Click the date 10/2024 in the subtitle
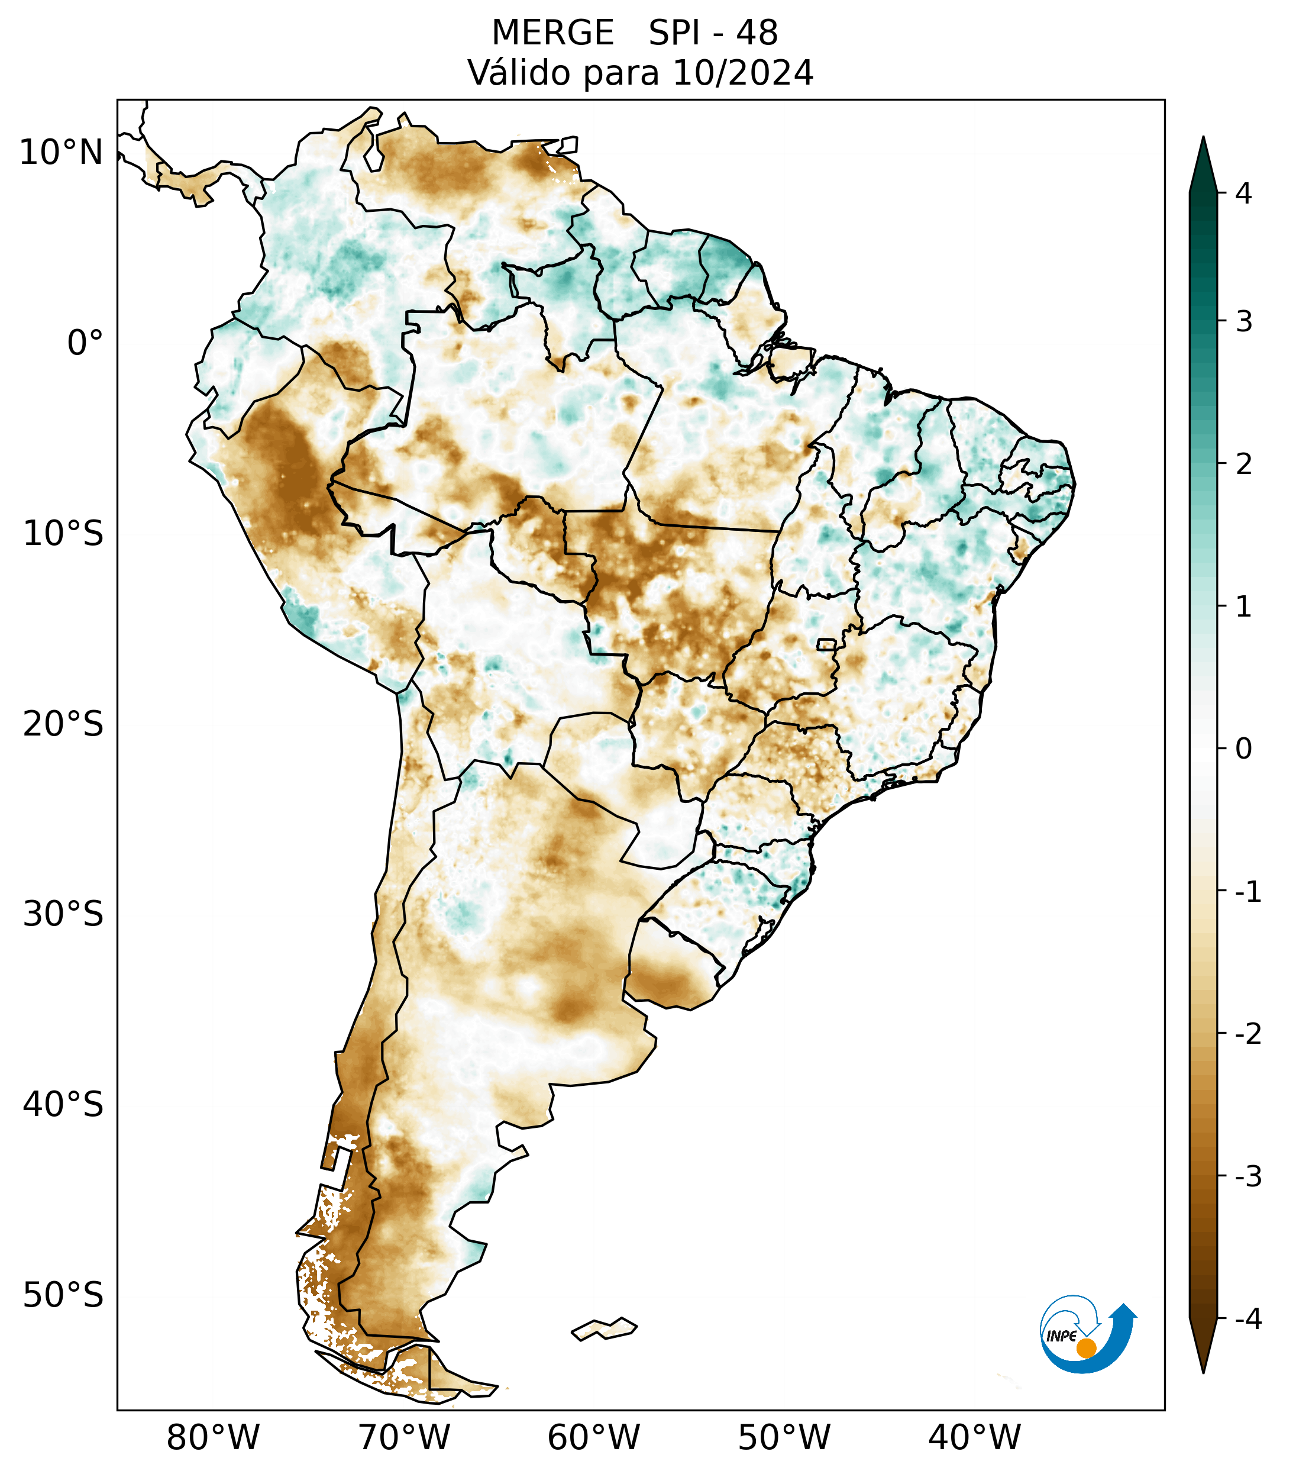(742, 73)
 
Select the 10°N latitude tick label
(60, 153)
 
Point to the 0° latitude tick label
(85, 343)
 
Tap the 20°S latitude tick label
(63, 724)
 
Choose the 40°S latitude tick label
(63, 1105)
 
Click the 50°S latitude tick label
(63, 1295)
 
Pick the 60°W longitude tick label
(593, 1438)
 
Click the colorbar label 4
(1243, 193)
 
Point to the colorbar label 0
(1243, 749)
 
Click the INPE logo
(1087, 1334)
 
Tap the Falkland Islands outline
(604, 1328)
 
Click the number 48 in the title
(757, 33)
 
